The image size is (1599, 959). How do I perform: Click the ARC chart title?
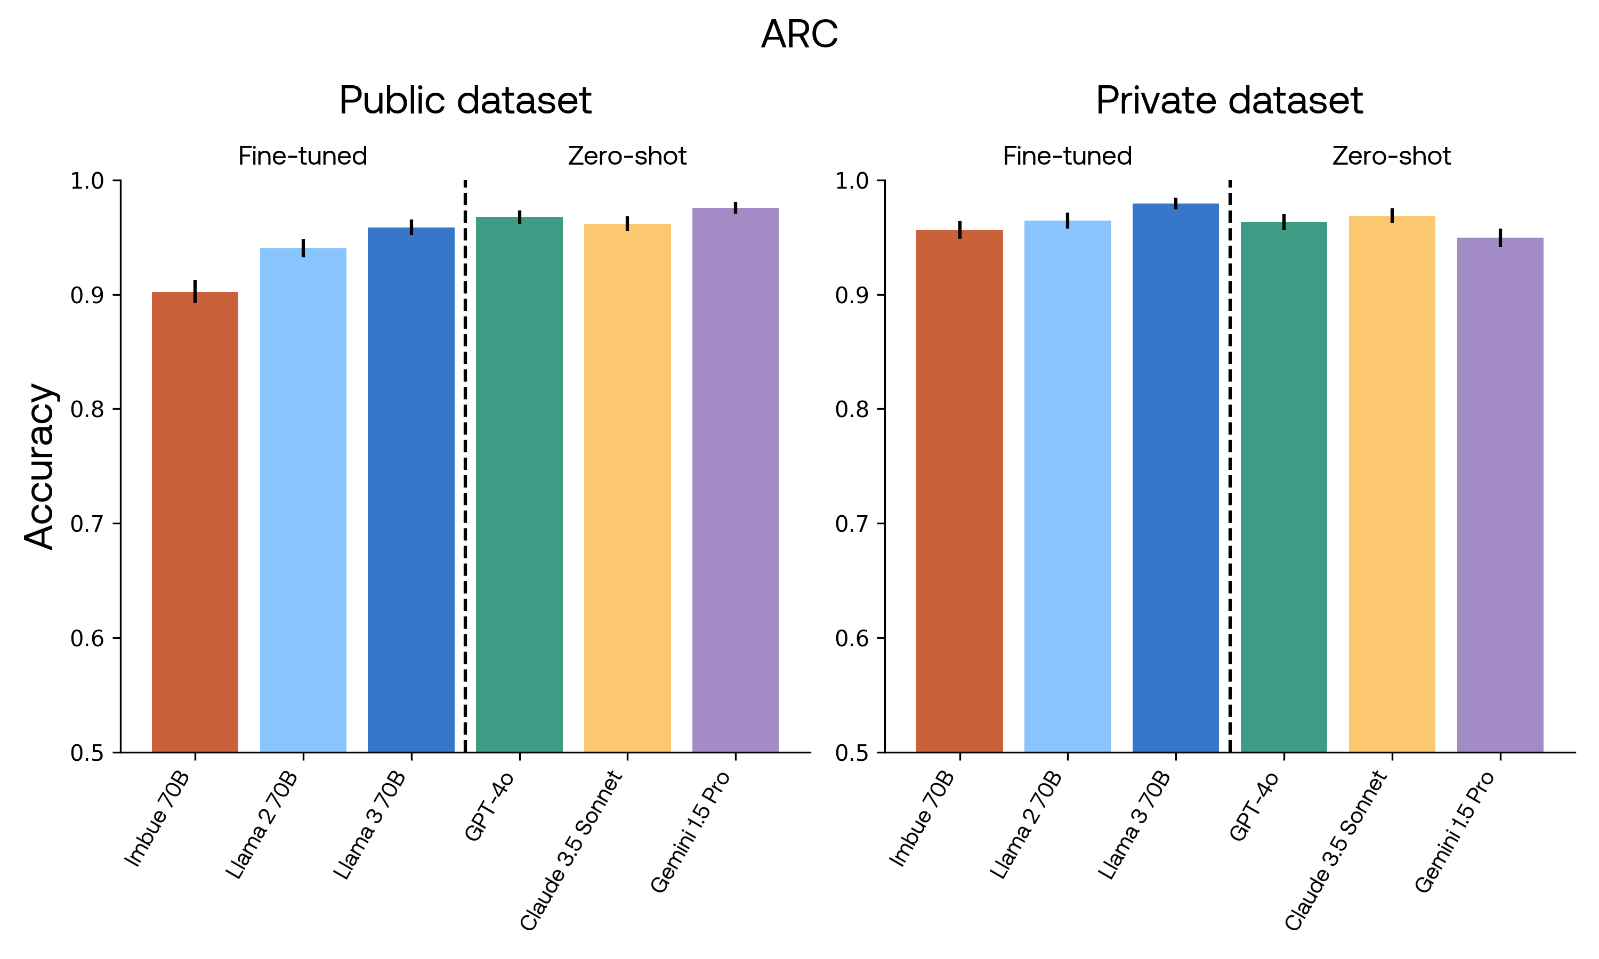799,34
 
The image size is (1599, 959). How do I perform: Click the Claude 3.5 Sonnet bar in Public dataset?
627,487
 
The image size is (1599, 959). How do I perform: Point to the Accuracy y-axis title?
40,466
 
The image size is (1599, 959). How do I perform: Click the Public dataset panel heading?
465,101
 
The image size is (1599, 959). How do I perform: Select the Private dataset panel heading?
1229,101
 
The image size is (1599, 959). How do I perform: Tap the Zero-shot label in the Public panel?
627,157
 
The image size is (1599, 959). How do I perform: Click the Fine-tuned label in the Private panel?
1067,157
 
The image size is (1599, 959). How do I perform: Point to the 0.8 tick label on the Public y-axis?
87,409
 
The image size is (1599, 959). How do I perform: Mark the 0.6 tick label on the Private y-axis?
852,638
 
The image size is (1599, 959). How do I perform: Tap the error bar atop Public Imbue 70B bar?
195,291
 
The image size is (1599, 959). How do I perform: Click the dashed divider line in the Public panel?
465,465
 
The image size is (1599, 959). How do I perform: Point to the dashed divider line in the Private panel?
1229,465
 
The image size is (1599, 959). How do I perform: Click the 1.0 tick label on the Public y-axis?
87,181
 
